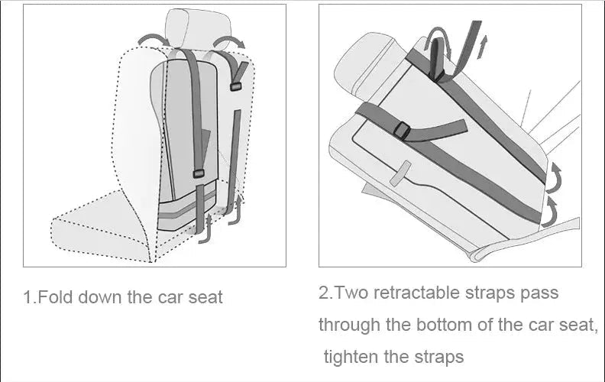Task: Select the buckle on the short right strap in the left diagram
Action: tap(235, 86)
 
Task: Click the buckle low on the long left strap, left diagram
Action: tap(199, 174)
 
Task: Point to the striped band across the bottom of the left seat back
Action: tap(187, 210)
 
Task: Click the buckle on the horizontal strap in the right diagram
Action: tap(403, 132)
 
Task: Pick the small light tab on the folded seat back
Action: tap(401, 175)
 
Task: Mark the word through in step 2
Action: tap(348, 325)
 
